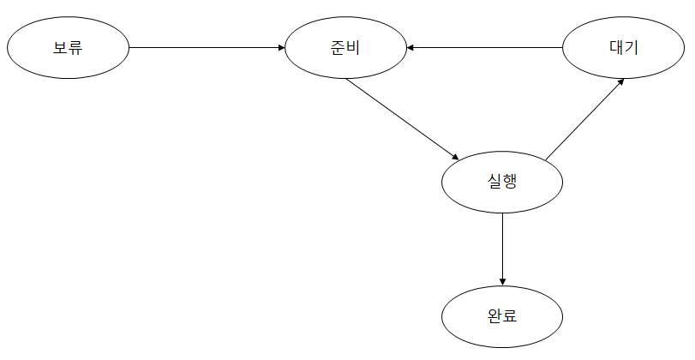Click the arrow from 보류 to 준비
(x=206, y=47)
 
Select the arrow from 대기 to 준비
(x=484, y=47)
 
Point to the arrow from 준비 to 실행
(x=401, y=118)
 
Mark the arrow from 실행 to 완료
(x=502, y=248)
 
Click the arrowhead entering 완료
(x=502, y=282)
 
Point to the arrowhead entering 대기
(x=620, y=82)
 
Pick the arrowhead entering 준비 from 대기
(x=411, y=47)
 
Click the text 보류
(x=67, y=47)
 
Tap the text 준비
(x=345, y=47)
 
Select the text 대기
(x=623, y=47)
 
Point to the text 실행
(x=502, y=182)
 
